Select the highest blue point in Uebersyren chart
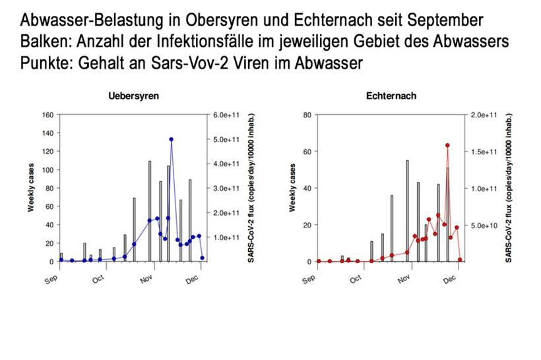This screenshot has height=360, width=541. pos(171,139)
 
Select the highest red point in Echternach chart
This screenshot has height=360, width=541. pos(447,145)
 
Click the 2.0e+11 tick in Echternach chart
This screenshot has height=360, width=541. pos(482,115)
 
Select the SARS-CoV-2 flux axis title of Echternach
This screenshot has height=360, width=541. pos(509,188)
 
